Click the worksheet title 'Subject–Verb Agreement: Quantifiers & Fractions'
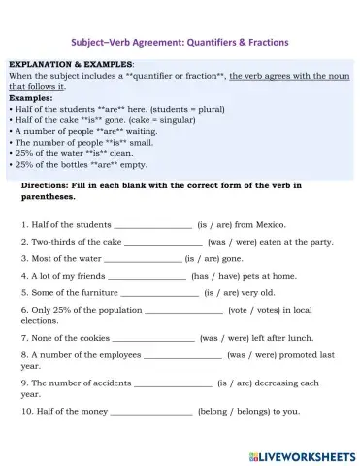coord(180,42)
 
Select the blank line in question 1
coord(152,224)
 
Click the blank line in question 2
coord(163,242)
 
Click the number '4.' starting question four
coord(23,276)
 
